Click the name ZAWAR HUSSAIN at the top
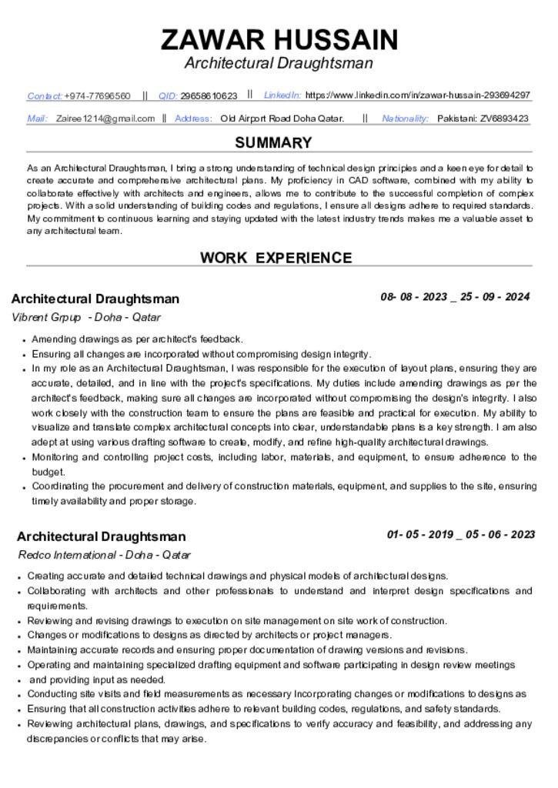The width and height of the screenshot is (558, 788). pos(279,38)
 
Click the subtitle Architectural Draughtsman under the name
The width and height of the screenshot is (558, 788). pos(279,63)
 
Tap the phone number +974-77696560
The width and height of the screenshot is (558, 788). pos(97,96)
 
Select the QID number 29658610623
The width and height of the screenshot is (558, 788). pos(209,96)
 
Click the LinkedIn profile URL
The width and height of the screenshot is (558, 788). pos(418,95)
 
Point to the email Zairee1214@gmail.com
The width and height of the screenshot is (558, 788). pos(105,119)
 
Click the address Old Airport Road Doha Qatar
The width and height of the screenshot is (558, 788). pos(282,119)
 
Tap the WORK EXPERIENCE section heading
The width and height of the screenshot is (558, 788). pos(276,259)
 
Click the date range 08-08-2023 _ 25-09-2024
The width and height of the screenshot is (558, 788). pos(455,296)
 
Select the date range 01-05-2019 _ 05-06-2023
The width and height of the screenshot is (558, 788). pos(461,534)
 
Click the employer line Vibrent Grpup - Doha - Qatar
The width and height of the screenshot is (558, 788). pos(86,317)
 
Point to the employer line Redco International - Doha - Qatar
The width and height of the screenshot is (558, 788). pos(104,555)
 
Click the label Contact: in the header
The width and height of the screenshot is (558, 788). pos(45,96)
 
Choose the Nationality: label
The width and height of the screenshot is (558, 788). pos(405,119)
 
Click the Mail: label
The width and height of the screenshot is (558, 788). pos(37,119)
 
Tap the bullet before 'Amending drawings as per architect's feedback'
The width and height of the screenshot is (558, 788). pos(25,340)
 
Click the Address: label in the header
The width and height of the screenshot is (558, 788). pos(193,119)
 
